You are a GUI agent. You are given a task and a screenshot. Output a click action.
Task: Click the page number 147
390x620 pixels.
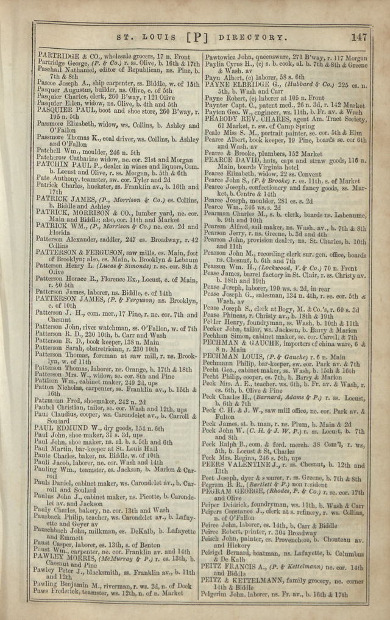[x=359, y=37]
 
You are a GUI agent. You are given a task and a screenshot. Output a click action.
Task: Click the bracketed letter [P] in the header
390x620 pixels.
[x=197, y=37]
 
